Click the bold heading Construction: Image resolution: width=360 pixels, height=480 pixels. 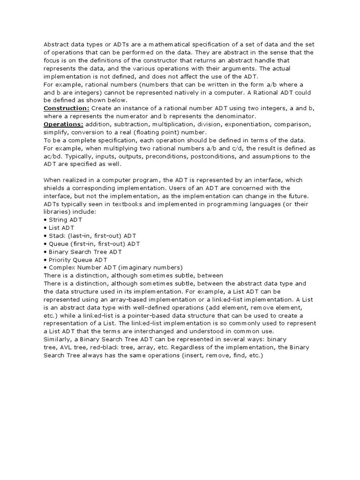tap(66, 108)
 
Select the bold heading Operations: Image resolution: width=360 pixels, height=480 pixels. tap(63, 124)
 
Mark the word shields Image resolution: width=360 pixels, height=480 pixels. tap(54, 188)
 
